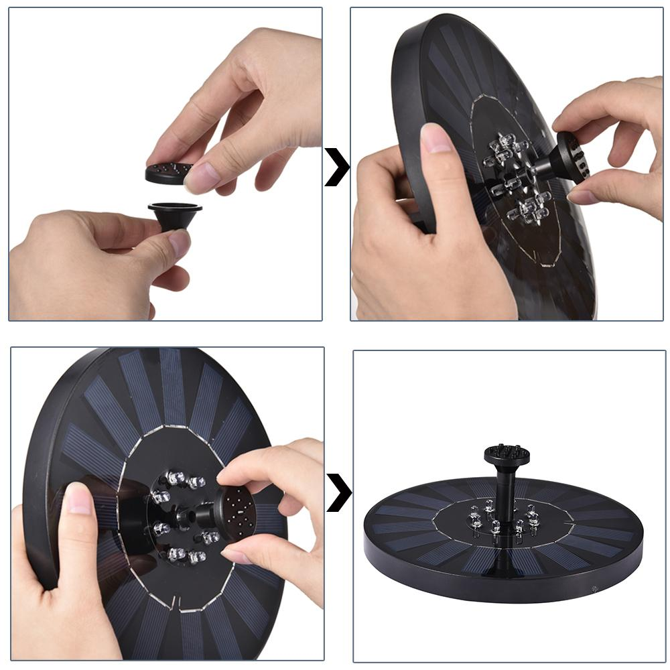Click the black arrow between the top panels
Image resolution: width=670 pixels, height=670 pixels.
[x=337, y=167]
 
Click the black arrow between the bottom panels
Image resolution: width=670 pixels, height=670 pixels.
[x=338, y=493]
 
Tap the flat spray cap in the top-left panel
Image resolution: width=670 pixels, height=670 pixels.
[x=167, y=173]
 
